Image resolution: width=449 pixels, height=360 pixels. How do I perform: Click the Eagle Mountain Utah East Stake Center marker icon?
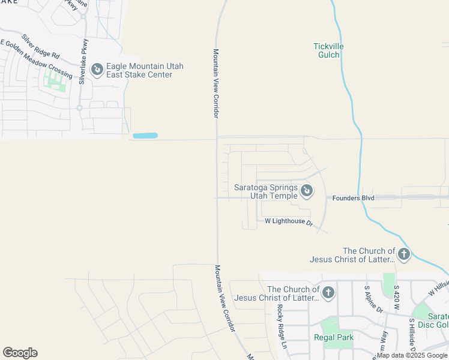[x=97, y=70]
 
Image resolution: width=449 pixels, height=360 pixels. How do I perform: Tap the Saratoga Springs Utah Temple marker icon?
[x=307, y=191]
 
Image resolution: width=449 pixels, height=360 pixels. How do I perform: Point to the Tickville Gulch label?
[x=327, y=50]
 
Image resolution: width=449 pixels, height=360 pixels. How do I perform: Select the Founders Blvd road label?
[x=354, y=197]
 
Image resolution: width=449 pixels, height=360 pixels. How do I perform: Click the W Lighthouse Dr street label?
[x=289, y=221]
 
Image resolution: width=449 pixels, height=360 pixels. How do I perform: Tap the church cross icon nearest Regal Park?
[x=328, y=293]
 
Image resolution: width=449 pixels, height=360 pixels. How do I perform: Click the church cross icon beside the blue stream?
[x=404, y=255]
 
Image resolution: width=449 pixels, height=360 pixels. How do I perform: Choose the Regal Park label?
[x=334, y=337]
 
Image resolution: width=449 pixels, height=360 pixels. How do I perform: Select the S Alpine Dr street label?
[x=373, y=299]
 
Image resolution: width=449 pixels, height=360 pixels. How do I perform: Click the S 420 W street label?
[x=396, y=297]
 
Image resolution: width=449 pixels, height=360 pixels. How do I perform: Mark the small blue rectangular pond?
[x=145, y=136]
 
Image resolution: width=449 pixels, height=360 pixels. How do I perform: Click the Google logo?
[x=20, y=353]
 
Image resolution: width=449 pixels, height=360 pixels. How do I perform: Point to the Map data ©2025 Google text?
[x=412, y=355]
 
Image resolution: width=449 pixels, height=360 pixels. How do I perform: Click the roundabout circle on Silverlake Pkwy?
[x=79, y=108]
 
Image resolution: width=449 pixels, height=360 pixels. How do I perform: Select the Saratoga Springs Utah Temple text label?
[x=265, y=192]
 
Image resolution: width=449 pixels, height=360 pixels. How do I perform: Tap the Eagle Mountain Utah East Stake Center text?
[x=145, y=70]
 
